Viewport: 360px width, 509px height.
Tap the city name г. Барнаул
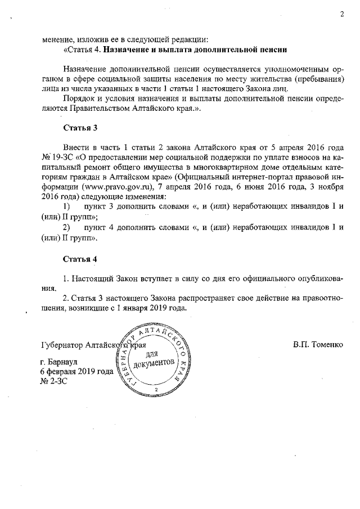62,362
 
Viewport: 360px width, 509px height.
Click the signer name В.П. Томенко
317,343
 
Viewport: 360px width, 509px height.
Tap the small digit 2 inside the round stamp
155,389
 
